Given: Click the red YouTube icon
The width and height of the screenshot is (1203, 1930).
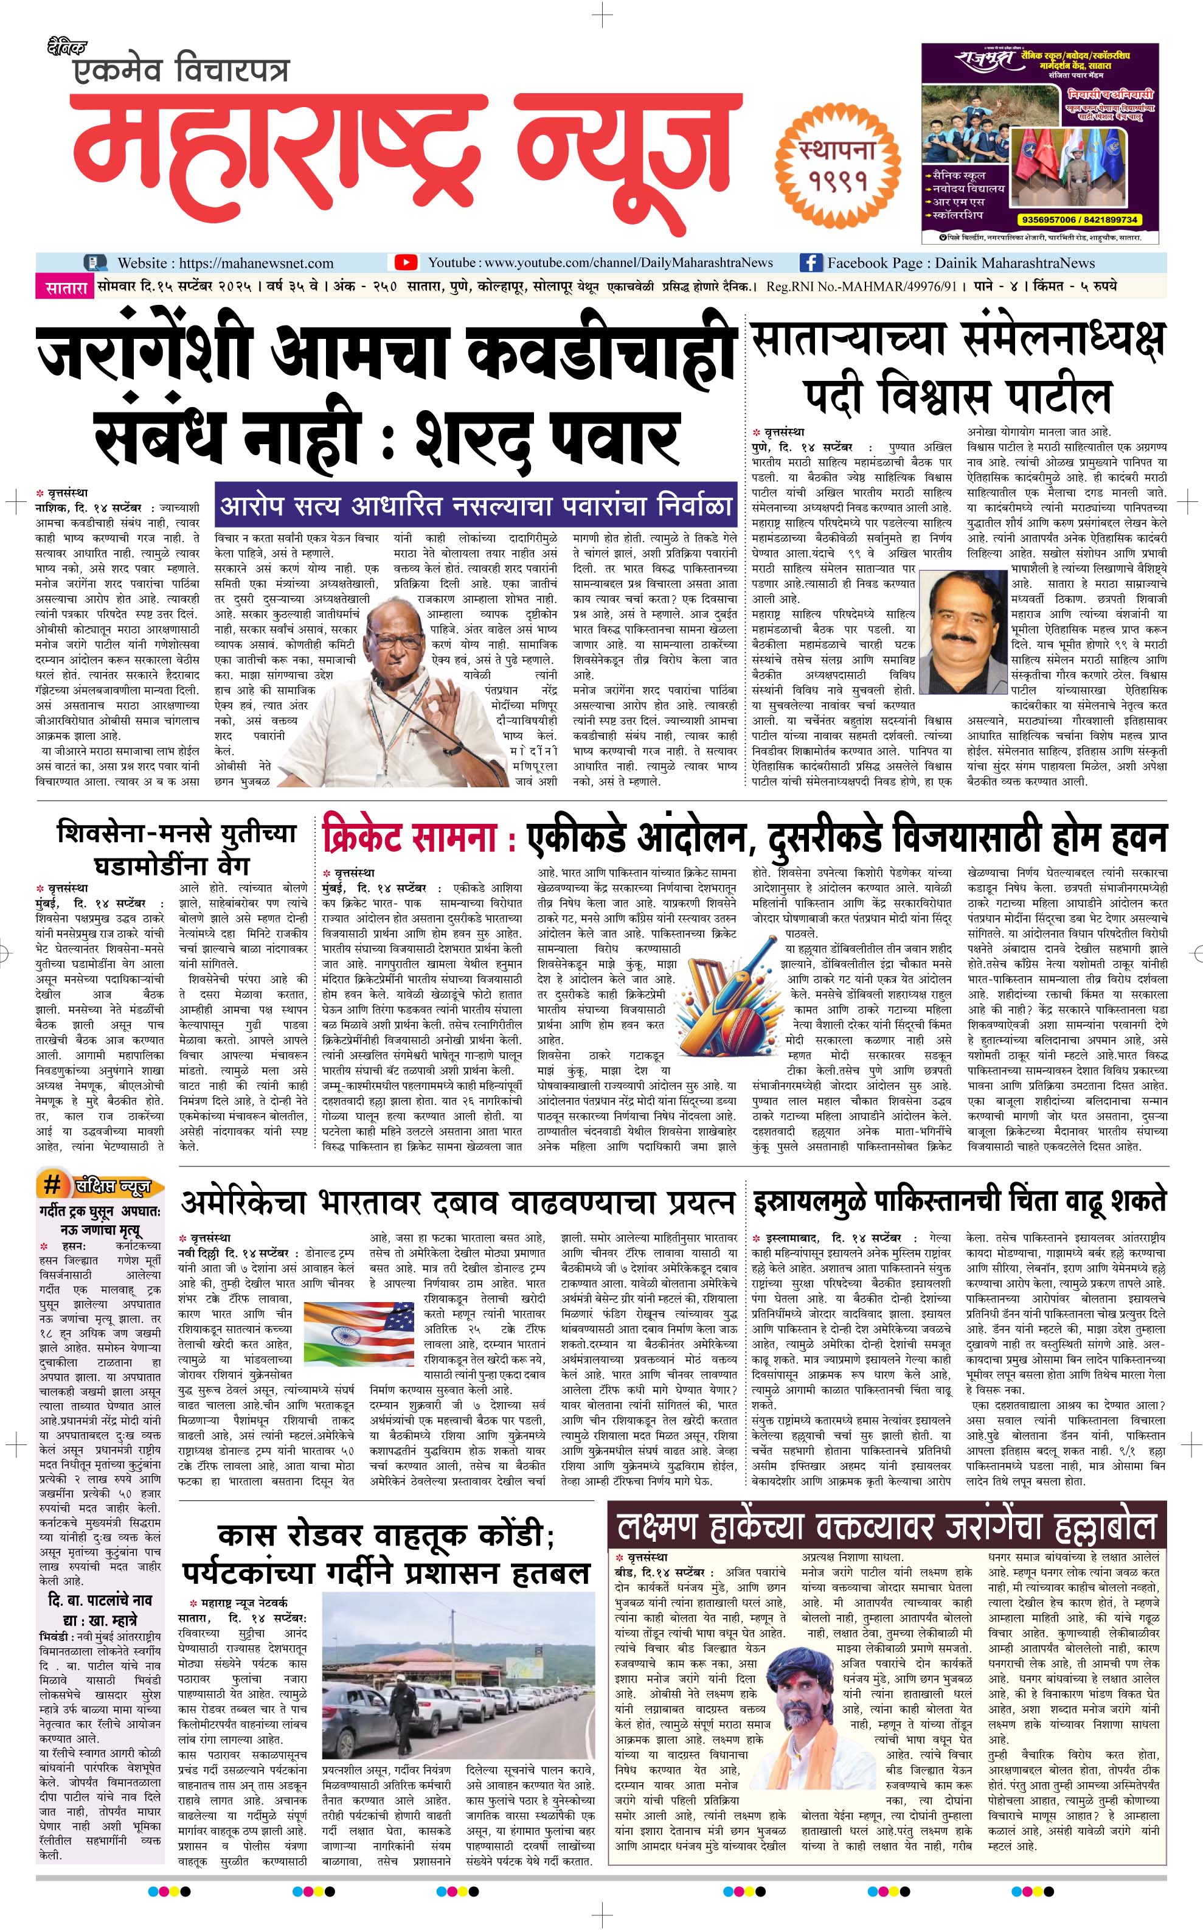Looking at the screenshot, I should click(x=406, y=263).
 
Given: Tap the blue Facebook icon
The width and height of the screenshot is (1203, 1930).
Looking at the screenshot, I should click(x=810, y=263).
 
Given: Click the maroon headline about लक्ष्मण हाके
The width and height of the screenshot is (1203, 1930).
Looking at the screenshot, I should click(x=886, y=1527).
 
